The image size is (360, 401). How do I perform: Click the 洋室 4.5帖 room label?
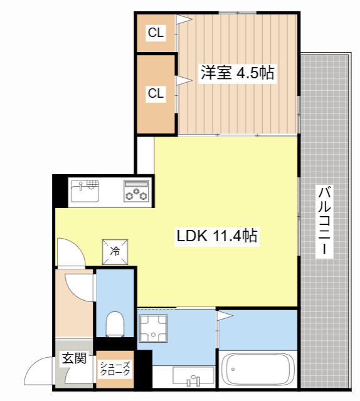[236, 72]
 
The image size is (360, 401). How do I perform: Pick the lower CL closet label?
[156, 94]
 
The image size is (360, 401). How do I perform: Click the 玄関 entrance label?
[73, 359]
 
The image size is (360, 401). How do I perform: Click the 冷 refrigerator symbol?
[116, 251]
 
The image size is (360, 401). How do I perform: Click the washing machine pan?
[151, 328]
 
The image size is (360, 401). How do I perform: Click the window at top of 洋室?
[237, 11]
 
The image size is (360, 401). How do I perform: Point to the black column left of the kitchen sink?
[60, 190]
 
